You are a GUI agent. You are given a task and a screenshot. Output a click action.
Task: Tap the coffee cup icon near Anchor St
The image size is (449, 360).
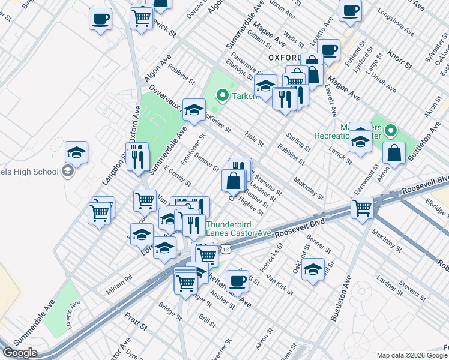point(237,280)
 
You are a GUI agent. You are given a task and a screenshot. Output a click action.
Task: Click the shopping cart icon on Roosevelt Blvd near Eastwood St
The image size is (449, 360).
point(363,208)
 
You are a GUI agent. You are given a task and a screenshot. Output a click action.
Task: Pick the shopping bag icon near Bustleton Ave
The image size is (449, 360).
point(395,153)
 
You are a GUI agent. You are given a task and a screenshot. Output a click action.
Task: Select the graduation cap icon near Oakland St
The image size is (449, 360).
point(313,269)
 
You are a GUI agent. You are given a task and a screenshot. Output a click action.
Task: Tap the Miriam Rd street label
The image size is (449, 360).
point(119,278)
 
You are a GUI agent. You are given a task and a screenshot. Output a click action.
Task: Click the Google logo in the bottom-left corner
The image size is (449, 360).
point(19,353)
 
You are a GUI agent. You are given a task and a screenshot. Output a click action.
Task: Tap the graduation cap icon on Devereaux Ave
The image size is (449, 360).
point(194,109)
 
